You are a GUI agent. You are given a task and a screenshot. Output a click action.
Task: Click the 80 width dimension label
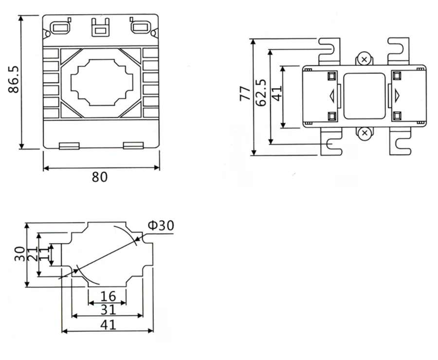pos(100,177)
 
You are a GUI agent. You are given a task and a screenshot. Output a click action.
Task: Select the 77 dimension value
pos(245,94)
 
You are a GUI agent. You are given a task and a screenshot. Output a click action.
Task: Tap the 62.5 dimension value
pos(260,93)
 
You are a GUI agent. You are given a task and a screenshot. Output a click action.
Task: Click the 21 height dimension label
pos(33,254)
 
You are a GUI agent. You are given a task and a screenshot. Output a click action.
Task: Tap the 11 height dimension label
pos(44,253)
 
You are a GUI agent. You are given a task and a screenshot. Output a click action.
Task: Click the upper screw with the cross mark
pos(363,59)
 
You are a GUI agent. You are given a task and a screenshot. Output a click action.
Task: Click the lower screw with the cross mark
pos(363,133)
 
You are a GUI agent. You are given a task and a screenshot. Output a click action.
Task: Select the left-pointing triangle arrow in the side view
pos(332,96)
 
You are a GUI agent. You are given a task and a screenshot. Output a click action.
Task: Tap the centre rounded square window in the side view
pos(364,96)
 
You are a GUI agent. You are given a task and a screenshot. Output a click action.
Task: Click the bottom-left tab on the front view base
pos(69,145)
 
